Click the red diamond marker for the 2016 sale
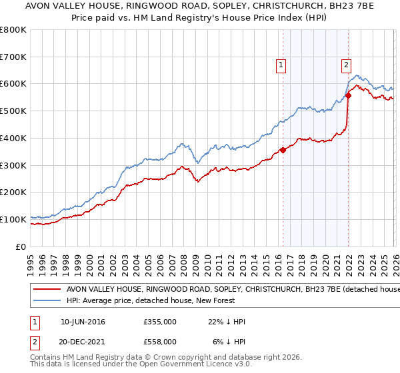[x=283, y=150]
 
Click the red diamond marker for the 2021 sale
[x=348, y=95]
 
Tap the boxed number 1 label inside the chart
[x=281, y=65]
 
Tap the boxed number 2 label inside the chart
[x=347, y=65]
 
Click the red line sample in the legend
[x=48, y=290]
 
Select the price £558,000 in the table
[x=160, y=341]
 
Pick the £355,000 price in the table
[x=160, y=322]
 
